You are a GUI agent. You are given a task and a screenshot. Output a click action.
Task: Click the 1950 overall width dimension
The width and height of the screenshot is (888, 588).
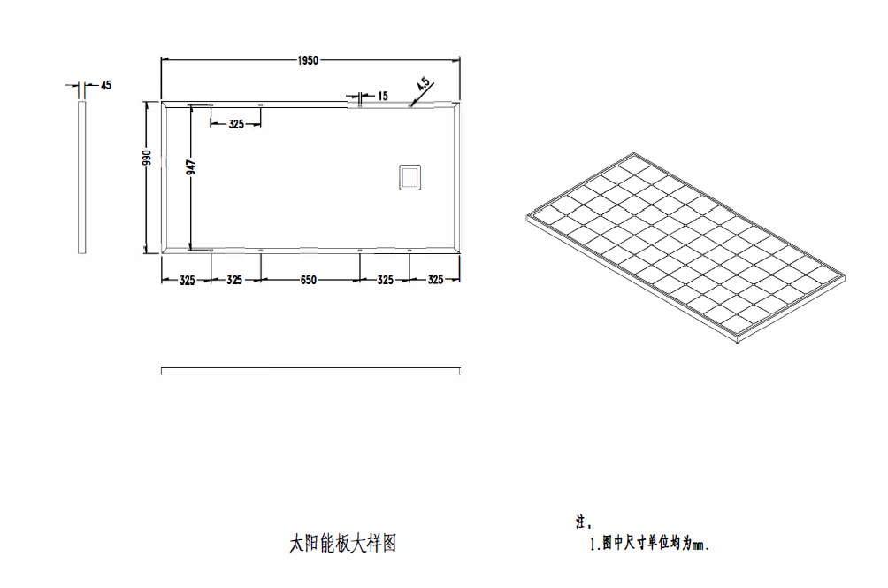(308, 60)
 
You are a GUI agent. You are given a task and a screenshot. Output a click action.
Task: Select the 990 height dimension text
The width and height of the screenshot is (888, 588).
(147, 158)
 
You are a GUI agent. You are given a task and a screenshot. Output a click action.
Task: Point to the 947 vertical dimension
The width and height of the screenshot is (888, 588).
(191, 166)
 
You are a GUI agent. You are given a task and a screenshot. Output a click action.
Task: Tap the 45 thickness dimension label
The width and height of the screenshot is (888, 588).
(106, 85)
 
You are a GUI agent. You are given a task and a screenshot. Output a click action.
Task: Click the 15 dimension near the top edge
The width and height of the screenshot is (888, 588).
(383, 96)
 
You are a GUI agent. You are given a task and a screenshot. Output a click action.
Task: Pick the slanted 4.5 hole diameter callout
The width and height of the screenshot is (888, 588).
(424, 84)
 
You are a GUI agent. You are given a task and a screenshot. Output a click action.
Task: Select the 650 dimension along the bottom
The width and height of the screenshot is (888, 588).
(309, 280)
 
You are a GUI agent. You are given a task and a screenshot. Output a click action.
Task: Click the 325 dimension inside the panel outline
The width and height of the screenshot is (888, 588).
(236, 124)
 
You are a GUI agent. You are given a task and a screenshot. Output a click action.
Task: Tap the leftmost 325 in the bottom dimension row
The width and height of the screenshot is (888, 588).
(187, 280)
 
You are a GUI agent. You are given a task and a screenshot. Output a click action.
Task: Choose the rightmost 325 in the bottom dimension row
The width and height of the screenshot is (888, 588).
(435, 279)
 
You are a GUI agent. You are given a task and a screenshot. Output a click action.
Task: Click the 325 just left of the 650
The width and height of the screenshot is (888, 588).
(234, 280)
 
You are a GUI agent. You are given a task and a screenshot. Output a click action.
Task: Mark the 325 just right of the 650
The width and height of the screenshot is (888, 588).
(385, 280)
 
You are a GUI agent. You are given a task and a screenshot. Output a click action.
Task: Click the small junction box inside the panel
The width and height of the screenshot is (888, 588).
(410, 177)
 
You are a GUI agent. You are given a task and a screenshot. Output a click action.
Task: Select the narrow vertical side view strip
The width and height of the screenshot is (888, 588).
(81, 177)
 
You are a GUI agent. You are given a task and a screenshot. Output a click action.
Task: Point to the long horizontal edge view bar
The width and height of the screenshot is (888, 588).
(310, 371)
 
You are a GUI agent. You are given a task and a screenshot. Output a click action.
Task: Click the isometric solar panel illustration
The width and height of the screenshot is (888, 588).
(685, 248)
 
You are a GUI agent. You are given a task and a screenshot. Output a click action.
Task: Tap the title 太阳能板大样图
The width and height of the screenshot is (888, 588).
(342, 543)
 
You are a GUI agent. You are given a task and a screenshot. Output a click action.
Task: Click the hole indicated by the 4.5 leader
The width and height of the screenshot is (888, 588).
(410, 105)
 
